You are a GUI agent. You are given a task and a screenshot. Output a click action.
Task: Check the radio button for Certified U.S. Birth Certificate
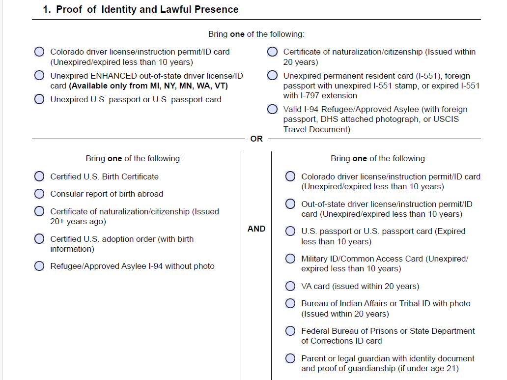click(39, 176)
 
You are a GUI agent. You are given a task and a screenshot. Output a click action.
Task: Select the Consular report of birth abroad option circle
click(39, 194)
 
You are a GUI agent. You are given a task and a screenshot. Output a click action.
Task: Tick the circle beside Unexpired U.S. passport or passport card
click(39, 99)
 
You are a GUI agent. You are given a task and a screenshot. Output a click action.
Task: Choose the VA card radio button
click(290, 286)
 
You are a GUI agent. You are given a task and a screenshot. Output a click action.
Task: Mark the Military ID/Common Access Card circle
click(290, 259)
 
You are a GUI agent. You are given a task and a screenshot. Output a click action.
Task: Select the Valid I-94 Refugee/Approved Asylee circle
click(272, 109)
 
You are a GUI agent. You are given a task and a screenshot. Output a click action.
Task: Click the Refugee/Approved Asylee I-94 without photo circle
click(39, 266)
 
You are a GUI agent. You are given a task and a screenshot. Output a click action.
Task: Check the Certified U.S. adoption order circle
click(39, 239)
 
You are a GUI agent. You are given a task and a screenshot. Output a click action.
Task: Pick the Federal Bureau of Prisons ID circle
click(290, 331)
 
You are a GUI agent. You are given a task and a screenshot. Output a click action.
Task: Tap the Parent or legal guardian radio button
click(290, 358)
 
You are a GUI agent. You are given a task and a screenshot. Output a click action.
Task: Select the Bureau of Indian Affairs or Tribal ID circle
click(290, 303)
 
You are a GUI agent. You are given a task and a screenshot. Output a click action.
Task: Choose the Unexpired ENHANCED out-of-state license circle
click(39, 76)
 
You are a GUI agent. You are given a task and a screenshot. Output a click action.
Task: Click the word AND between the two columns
click(256, 229)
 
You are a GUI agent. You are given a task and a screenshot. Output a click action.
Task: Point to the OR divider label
click(256, 139)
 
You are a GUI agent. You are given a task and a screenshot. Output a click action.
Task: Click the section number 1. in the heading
click(47, 9)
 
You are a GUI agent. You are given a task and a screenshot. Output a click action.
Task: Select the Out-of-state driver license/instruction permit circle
click(290, 204)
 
